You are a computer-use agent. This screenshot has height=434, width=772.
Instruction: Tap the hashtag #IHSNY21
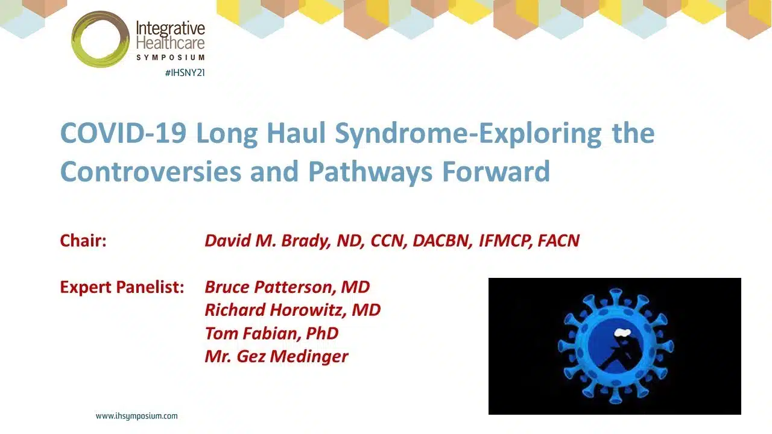pyautogui.click(x=185, y=73)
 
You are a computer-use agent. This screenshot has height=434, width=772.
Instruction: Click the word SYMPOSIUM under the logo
pyautogui.click(x=171, y=57)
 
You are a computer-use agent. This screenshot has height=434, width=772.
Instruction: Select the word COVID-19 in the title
pyautogui.click(x=124, y=133)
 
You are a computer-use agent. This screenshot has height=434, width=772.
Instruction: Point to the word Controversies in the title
pyautogui.click(x=151, y=171)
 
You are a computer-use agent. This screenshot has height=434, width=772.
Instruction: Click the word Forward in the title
pyautogui.click(x=496, y=171)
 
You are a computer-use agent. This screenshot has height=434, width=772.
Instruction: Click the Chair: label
pyautogui.click(x=83, y=241)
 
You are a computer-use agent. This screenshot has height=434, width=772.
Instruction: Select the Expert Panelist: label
pyautogui.click(x=122, y=287)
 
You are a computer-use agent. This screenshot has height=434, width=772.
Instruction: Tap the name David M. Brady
pyautogui.click(x=267, y=241)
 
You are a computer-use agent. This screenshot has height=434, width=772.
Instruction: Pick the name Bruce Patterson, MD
pyautogui.click(x=288, y=287)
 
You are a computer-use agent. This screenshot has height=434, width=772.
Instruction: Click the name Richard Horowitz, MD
pyautogui.click(x=293, y=310)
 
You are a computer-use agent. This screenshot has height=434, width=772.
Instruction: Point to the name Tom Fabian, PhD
pyautogui.click(x=271, y=333)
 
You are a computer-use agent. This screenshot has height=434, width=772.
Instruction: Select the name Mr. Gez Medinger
pyautogui.click(x=276, y=356)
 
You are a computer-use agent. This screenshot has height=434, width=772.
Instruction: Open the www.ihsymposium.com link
pyautogui.click(x=137, y=416)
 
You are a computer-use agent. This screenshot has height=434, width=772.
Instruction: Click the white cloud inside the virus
pyautogui.click(x=623, y=332)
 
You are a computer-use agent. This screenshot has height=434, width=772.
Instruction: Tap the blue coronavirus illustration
pyautogui.click(x=616, y=346)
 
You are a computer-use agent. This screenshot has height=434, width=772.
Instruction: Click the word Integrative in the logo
pyautogui.click(x=171, y=29)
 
